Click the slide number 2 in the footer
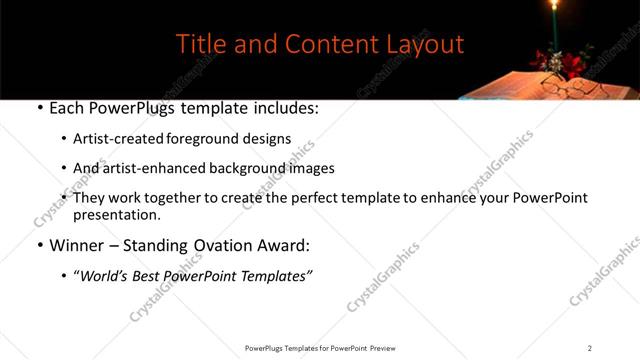pos(590,348)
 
